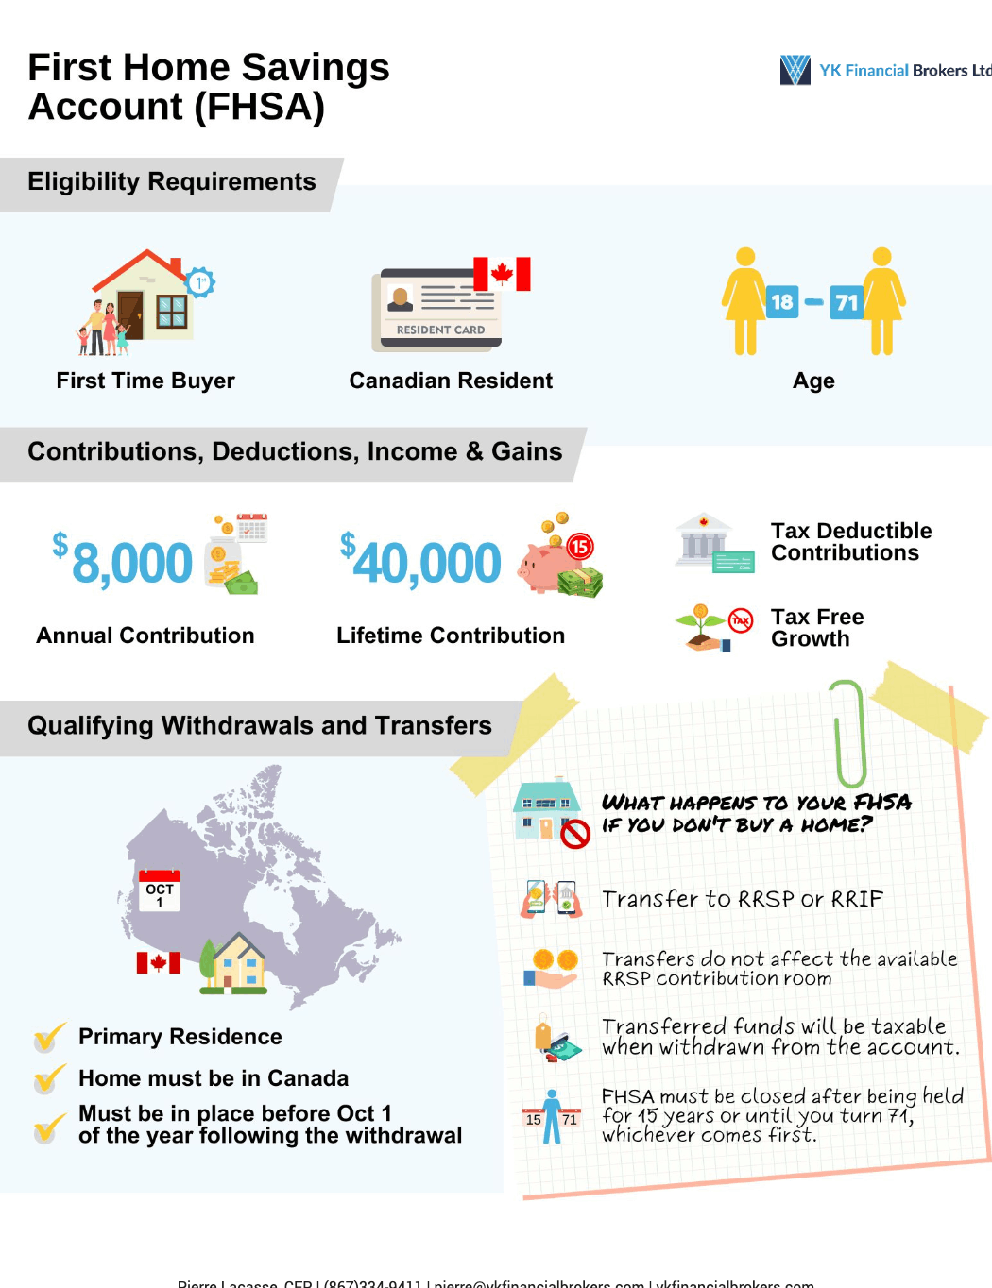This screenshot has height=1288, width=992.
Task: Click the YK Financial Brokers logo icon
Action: pyautogui.click(x=795, y=70)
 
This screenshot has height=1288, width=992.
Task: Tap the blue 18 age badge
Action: pyautogui.click(x=781, y=302)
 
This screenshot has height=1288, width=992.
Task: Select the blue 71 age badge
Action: pyautogui.click(x=847, y=302)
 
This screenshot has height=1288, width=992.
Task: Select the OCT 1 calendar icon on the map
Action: pyautogui.click(x=159, y=890)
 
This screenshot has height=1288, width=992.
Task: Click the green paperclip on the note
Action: pyautogui.click(x=849, y=733)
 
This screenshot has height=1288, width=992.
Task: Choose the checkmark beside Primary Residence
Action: pyautogui.click(x=49, y=1037)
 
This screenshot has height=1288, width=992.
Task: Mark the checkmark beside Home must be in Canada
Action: pyautogui.click(x=49, y=1077)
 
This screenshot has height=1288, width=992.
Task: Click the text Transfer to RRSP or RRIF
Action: pyautogui.click(x=742, y=899)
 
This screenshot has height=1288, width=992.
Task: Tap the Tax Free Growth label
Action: pyautogui.click(x=817, y=628)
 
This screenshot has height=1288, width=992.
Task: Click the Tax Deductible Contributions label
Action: pyautogui.click(x=850, y=542)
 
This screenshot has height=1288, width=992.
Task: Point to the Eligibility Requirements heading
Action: pyautogui.click(x=172, y=181)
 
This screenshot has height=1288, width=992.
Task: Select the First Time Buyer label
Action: pyautogui.click(x=145, y=381)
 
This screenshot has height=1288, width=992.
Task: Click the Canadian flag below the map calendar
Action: pyautogui.click(x=158, y=962)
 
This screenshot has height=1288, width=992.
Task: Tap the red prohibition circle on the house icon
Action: pyautogui.click(x=574, y=834)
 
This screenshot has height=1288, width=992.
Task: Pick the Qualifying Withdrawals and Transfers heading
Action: pyautogui.click(x=260, y=725)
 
